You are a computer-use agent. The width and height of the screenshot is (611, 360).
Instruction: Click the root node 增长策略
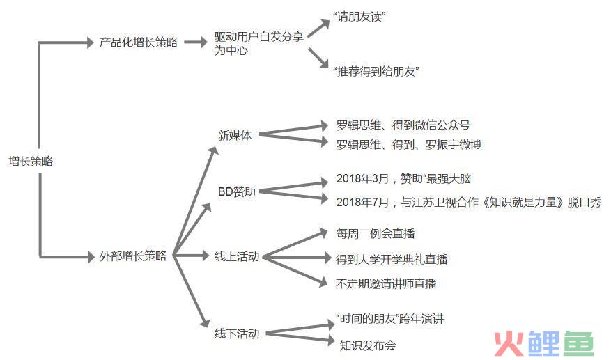(x=31, y=161)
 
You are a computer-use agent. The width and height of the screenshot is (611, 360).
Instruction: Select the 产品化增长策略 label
(x=139, y=42)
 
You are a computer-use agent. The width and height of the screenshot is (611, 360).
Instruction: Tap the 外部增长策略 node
(x=133, y=256)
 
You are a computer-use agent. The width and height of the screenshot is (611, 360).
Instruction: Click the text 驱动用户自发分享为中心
(x=258, y=43)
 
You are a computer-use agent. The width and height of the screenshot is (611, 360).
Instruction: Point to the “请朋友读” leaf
(x=359, y=17)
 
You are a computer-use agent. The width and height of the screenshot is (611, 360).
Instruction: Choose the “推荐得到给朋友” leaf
(x=376, y=71)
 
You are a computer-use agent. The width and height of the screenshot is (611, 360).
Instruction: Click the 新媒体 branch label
(x=235, y=135)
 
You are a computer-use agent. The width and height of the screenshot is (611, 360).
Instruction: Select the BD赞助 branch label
(x=237, y=191)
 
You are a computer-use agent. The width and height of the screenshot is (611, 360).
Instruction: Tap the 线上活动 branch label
(x=237, y=256)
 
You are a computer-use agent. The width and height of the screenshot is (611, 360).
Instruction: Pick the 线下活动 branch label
(x=237, y=334)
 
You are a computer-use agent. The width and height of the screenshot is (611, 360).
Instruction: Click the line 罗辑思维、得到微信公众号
(x=403, y=125)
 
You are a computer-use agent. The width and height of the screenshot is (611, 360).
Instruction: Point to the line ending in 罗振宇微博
(x=409, y=145)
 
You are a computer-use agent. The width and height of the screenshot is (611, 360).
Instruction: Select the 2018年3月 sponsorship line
(x=403, y=179)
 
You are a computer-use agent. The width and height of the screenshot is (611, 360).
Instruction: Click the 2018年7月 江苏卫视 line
(x=469, y=202)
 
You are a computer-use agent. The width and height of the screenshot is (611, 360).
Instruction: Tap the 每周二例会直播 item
(x=376, y=233)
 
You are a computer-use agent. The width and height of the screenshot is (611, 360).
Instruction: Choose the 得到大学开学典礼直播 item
(x=392, y=259)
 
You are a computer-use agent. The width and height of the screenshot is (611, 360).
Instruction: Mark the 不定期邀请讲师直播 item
(x=386, y=283)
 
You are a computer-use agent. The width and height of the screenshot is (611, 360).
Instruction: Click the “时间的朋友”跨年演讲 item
(x=389, y=319)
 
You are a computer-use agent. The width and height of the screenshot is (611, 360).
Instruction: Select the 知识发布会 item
(x=367, y=345)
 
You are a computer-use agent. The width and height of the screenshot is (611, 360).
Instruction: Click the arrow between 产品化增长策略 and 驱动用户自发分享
(x=196, y=42)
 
